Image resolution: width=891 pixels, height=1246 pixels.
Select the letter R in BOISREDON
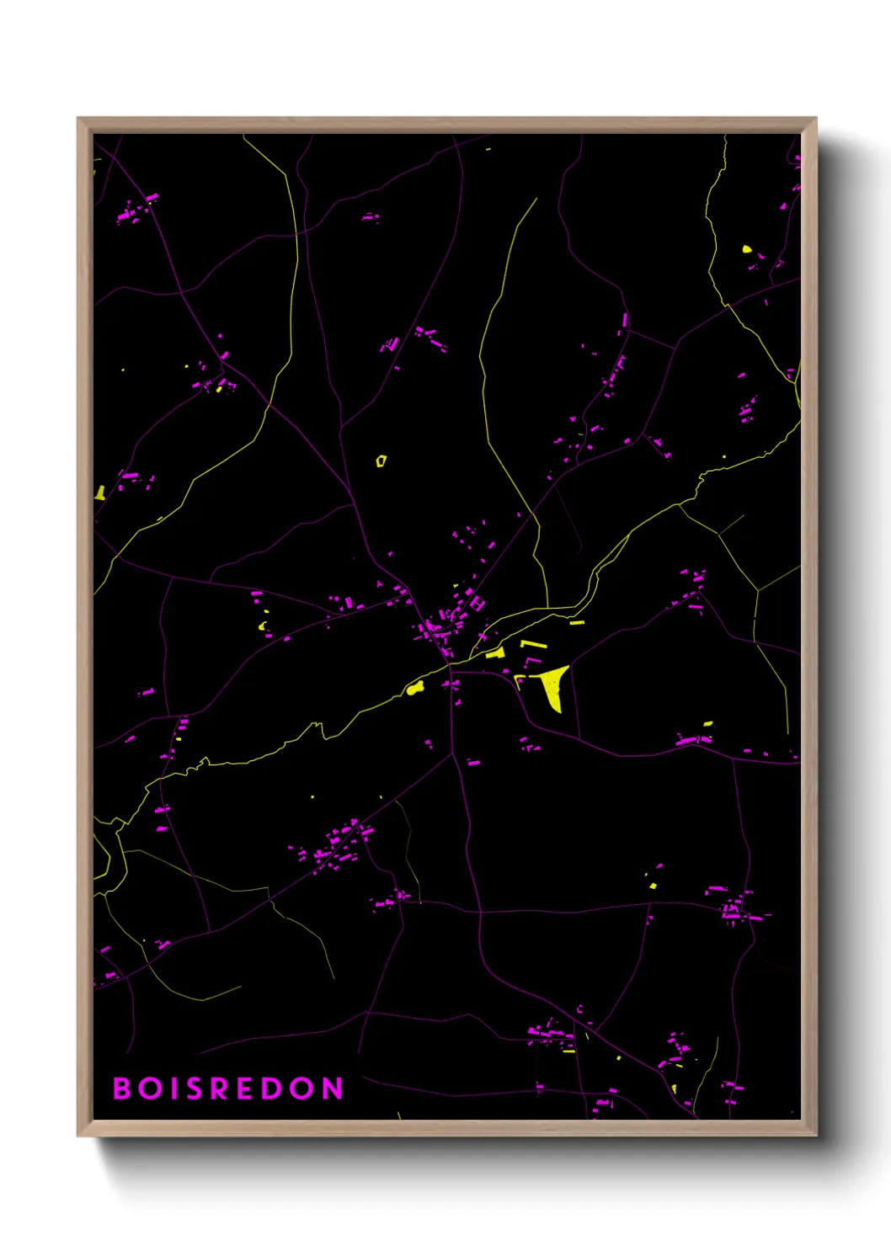coord(220,1089)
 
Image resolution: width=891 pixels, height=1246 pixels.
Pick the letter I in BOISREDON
coord(173,1089)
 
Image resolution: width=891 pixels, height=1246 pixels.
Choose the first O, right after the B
coord(149,1089)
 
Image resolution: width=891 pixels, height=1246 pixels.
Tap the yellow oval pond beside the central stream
coord(413,690)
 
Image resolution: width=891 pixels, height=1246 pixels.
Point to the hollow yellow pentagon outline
coord(381,461)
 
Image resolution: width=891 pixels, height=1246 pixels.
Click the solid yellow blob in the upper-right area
coord(746,249)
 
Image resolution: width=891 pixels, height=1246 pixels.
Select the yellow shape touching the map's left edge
coord(99,493)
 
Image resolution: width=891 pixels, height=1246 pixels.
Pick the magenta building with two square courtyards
coord(478,603)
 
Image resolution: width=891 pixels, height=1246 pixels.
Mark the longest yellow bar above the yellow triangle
coord(533,645)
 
